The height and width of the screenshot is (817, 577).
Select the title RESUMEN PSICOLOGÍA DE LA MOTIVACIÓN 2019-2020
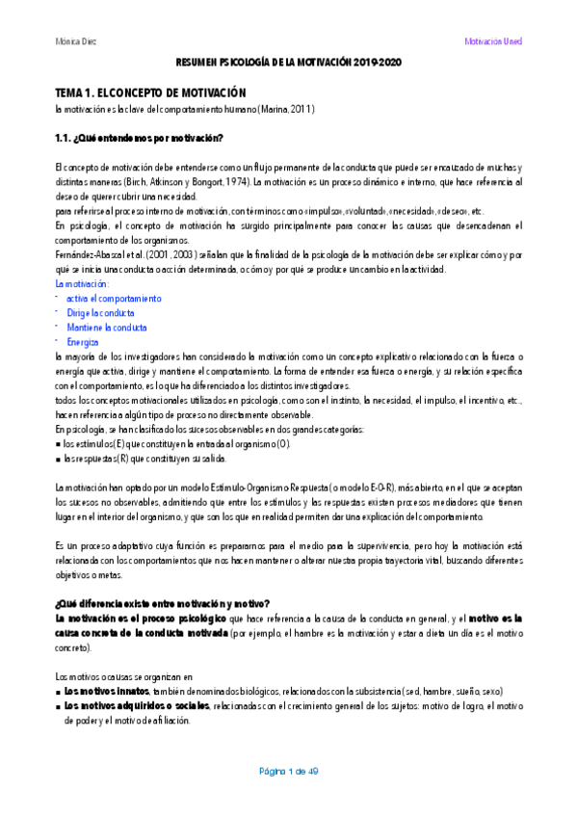288,62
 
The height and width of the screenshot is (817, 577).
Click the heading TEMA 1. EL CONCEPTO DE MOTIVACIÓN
152,92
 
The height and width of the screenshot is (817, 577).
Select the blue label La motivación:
83,284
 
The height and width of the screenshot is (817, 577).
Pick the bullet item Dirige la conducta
100,313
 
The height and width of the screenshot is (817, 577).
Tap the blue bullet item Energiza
83,342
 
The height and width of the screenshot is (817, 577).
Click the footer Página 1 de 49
288,772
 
